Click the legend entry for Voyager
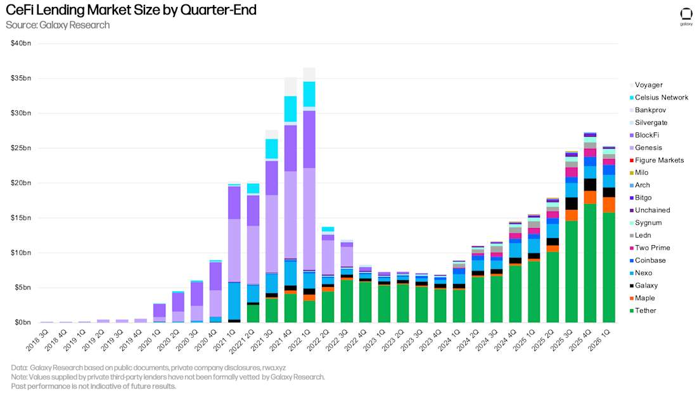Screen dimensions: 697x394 click(x=646, y=85)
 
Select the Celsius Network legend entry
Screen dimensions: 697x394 click(x=659, y=98)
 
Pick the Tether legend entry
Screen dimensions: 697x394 click(x=643, y=310)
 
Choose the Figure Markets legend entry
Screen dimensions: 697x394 click(x=656, y=160)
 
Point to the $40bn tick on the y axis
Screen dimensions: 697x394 click(x=21, y=43)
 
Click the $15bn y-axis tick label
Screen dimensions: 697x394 click(x=21, y=218)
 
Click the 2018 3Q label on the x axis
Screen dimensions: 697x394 click(x=37, y=341)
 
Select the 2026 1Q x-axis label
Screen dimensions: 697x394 click(x=599, y=341)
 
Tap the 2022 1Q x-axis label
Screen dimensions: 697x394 click(x=300, y=341)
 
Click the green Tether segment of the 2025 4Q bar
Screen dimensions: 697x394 click(x=590, y=263)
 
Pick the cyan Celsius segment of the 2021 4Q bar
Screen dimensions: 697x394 click(x=291, y=109)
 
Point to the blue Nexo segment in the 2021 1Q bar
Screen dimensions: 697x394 click(x=234, y=301)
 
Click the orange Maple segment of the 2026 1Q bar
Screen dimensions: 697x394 click(x=608, y=205)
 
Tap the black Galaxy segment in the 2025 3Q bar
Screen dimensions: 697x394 click(x=571, y=203)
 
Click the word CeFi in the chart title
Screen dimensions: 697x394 click(x=20, y=10)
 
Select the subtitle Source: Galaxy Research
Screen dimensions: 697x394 click(x=58, y=25)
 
